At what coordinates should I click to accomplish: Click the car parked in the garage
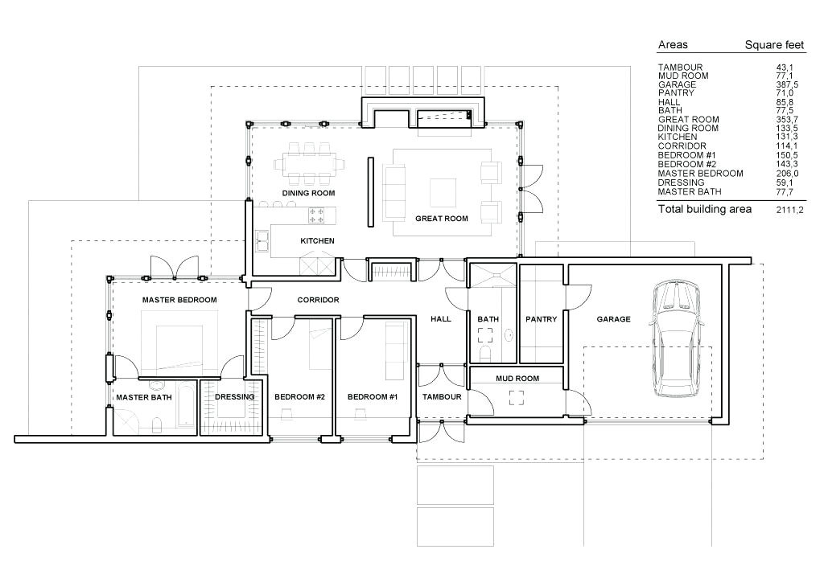point(677,340)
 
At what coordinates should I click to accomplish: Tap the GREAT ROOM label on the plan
point(442,219)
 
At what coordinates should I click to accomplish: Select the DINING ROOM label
point(308,193)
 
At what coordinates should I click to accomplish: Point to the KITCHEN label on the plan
point(317,241)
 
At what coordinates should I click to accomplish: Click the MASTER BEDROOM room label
point(179,301)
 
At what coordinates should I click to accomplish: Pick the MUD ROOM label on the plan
point(517,379)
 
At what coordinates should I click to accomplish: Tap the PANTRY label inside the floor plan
point(542,319)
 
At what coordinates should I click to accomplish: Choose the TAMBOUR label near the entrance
point(442,397)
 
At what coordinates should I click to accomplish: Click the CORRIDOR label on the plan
point(319,301)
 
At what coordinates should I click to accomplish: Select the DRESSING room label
point(235,397)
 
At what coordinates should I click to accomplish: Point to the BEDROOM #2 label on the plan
point(299,397)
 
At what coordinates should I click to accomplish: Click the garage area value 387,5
point(787,84)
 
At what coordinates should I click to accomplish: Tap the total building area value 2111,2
point(789,210)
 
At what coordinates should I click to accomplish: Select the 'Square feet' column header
point(775,45)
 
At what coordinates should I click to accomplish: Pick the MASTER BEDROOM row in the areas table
point(727,174)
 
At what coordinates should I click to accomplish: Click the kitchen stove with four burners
point(316,215)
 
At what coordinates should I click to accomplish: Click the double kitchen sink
point(262,241)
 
